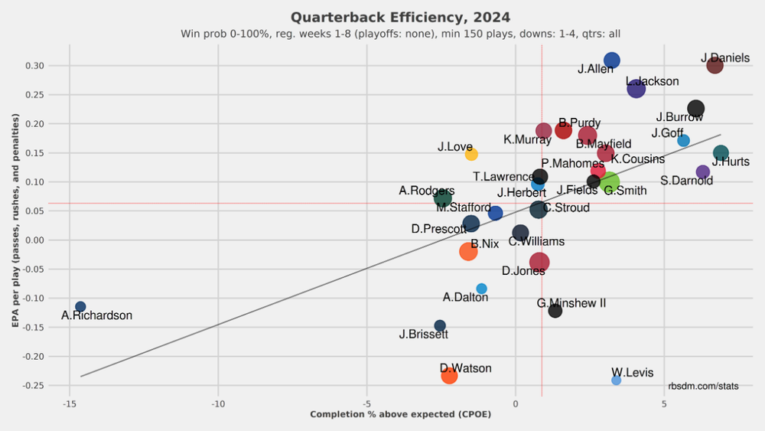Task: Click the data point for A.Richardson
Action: coord(80,307)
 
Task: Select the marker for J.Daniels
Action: coord(715,65)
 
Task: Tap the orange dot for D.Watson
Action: coord(449,375)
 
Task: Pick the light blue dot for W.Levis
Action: coord(617,380)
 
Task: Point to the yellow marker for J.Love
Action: coord(471,154)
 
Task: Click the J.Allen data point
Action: coord(612,60)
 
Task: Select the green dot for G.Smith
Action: coord(610,182)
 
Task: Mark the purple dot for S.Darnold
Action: coord(703,171)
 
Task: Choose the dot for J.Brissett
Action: coord(440,325)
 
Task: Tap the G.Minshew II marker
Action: coord(555,311)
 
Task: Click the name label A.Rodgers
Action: coord(427,191)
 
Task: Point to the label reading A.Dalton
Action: coord(465,297)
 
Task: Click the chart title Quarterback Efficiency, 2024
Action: coord(400,17)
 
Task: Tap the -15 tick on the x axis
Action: coord(70,403)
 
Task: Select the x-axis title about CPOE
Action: coord(400,415)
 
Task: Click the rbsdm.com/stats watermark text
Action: coord(703,386)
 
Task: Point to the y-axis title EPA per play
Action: coord(16,218)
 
